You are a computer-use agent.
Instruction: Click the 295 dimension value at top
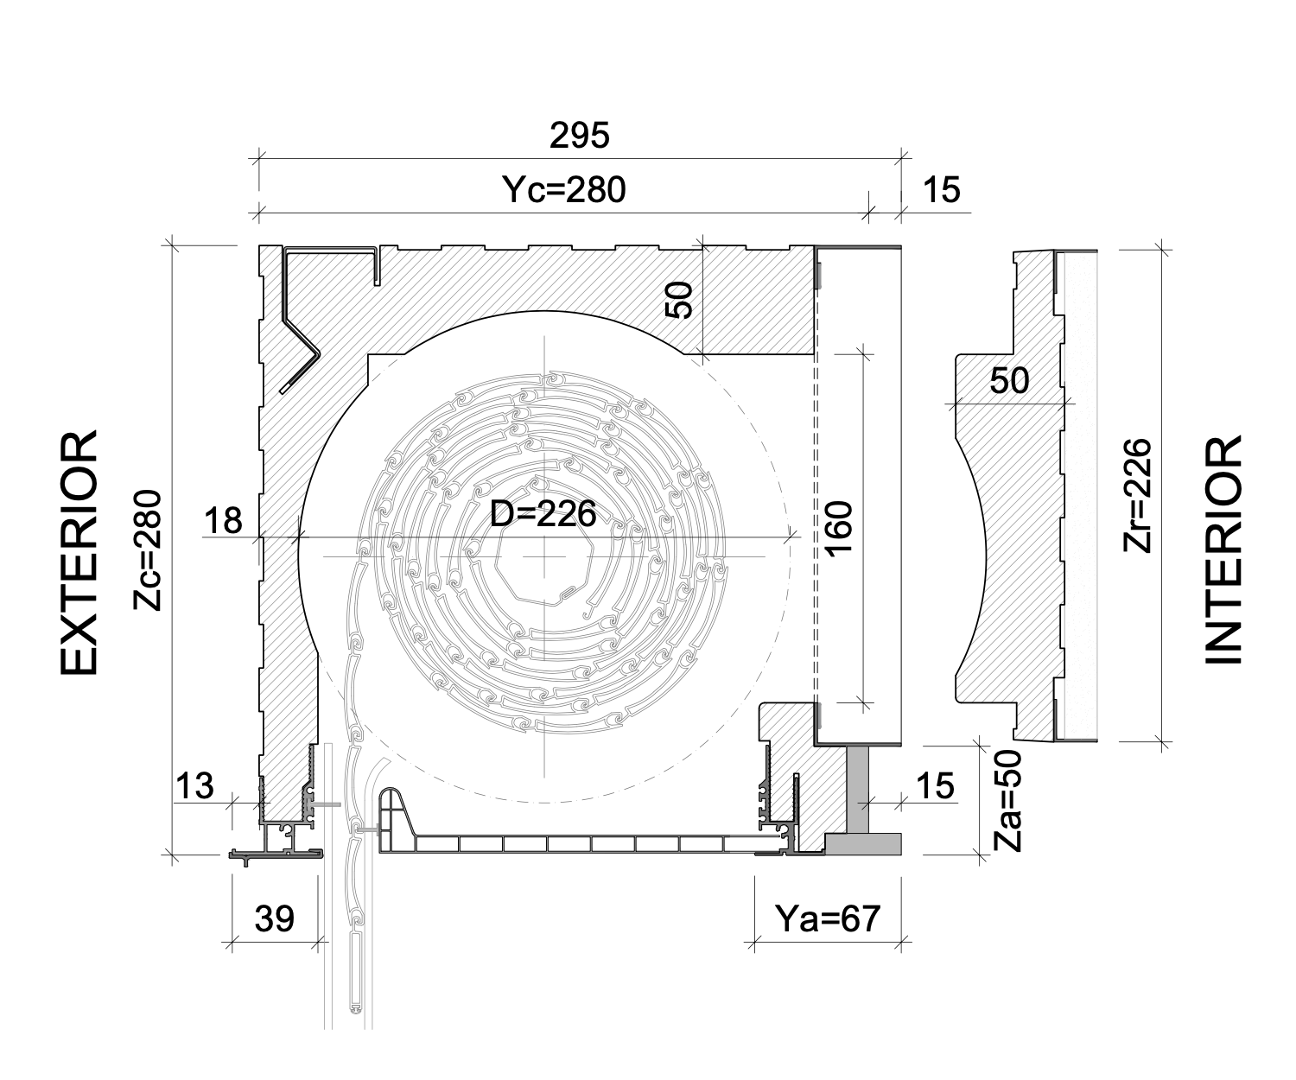[579, 136]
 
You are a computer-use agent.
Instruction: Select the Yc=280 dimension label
[563, 189]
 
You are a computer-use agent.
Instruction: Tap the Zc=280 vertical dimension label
[148, 550]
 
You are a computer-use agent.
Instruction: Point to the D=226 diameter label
[543, 514]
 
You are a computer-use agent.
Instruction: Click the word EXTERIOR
[79, 552]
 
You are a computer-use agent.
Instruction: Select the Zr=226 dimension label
[1138, 495]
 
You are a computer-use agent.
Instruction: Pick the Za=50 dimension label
[1007, 801]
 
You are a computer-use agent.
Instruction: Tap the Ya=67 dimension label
[828, 918]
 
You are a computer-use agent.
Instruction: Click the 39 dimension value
[275, 918]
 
